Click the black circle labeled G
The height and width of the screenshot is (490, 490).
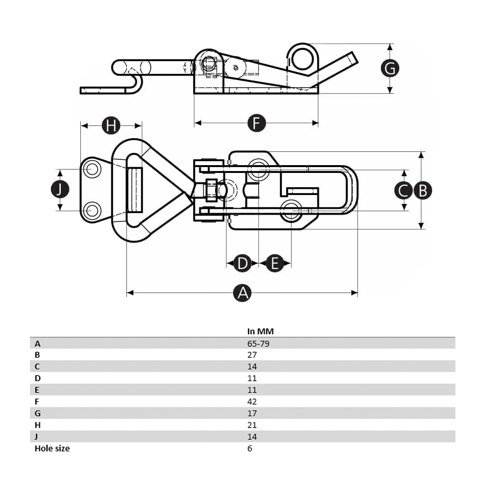point(390,69)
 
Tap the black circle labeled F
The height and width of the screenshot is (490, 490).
point(256,123)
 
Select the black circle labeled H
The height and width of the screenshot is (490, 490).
point(111,126)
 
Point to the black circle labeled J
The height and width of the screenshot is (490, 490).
point(60,190)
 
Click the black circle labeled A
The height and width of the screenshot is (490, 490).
point(242,293)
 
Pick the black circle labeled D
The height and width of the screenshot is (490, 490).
point(242,264)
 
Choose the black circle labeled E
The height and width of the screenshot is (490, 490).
point(275,264)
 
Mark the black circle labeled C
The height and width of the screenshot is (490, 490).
point(403,190)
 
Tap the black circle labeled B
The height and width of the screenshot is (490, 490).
point(422,190)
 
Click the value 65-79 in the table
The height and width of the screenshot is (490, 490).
point(258,343)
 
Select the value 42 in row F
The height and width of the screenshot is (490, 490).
point(252,401)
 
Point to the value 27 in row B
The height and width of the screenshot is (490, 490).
point(252,355)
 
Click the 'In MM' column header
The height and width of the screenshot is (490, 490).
point(260,331)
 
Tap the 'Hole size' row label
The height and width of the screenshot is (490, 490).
point(52,448)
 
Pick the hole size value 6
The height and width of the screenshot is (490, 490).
point(249,448)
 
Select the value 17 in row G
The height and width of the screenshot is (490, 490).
point(252,413)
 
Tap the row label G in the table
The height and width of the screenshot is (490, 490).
point(38,413)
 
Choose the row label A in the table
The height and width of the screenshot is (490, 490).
point(38,343)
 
